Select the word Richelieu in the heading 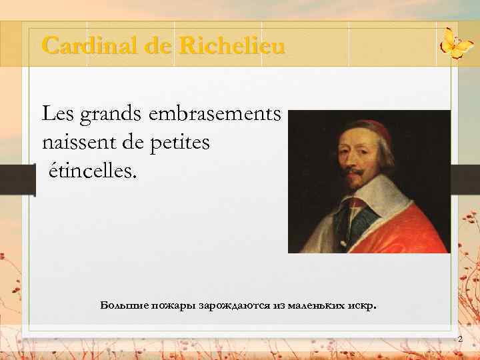click(x=232, y=46)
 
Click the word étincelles click(x=91, y=171)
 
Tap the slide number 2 click(x=459, y=340)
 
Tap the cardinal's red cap click(x=374, y=127)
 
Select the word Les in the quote click(x=59, y=115)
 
